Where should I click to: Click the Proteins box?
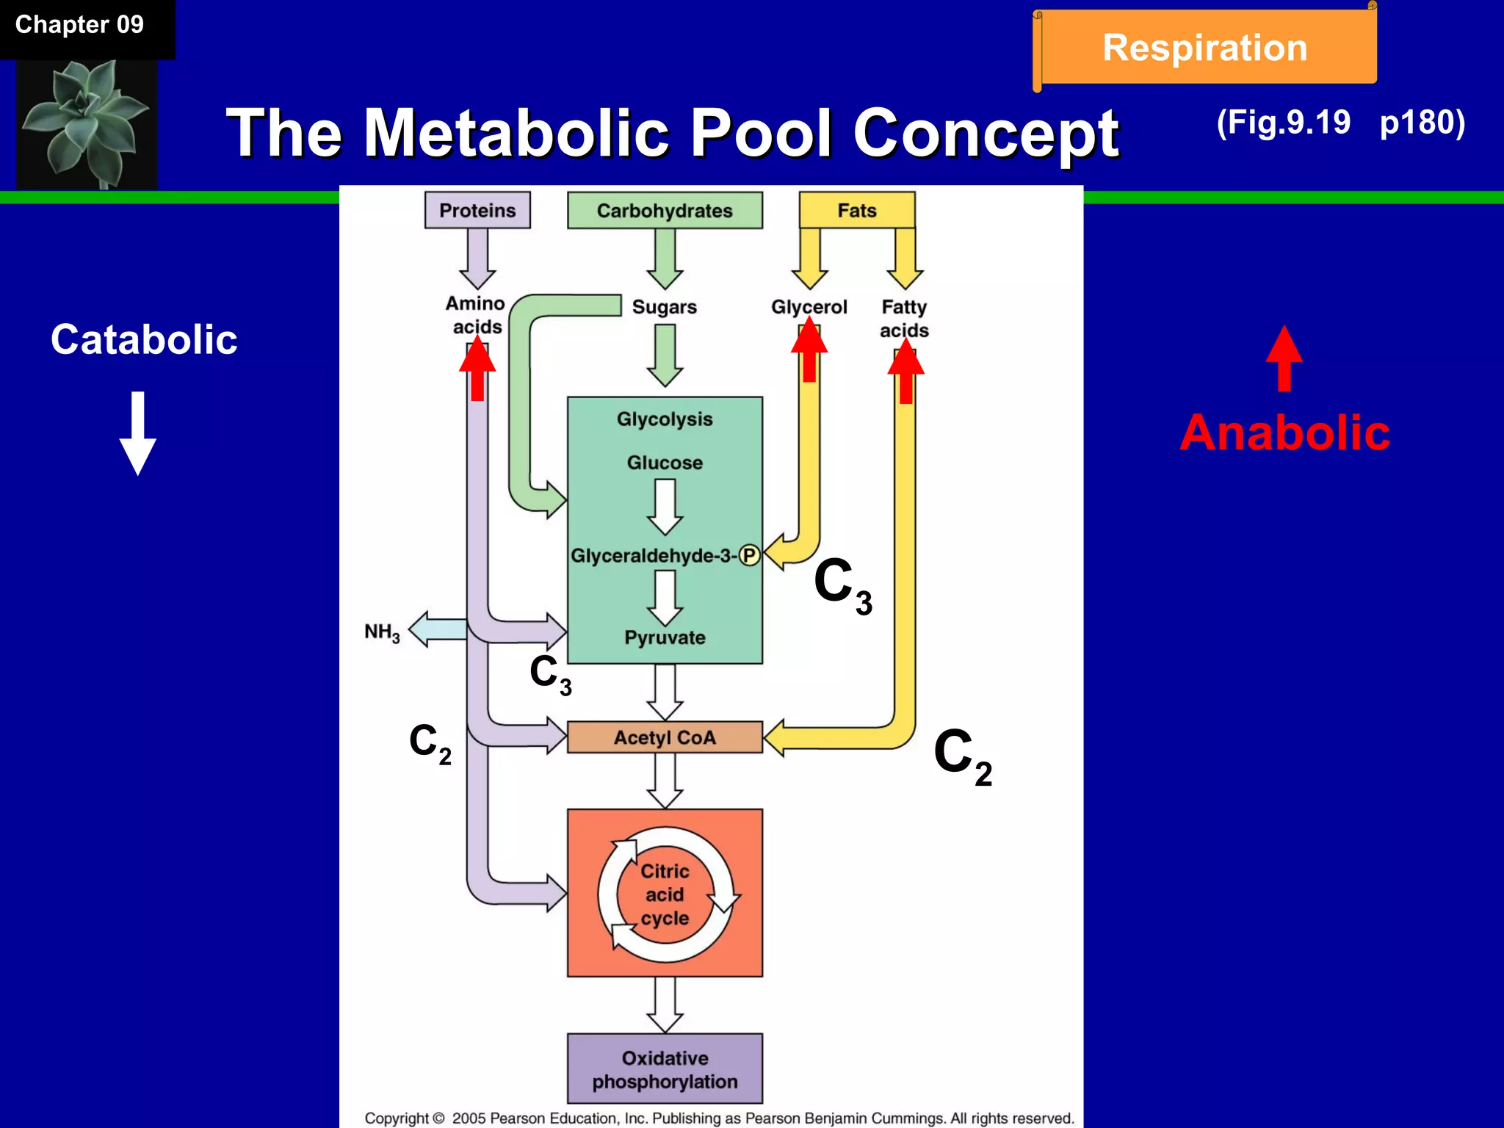[477, 211]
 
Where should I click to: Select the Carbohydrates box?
[665, 211]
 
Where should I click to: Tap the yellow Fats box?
[857, 211]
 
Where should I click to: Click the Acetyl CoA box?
[665, 737]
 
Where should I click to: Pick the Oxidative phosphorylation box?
[665, 1069]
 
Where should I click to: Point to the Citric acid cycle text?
[665, 894]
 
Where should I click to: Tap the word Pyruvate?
[665, 637]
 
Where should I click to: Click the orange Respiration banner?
[1205, 48]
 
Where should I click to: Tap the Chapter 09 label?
[79, 25]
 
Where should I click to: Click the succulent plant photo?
[87, 123]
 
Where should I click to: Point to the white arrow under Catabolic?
[138, 433]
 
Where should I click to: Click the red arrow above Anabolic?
[1284, 358]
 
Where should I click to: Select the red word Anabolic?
[1284, 433]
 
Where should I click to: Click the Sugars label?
[665, 307]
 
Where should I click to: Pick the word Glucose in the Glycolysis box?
[665, 463]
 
